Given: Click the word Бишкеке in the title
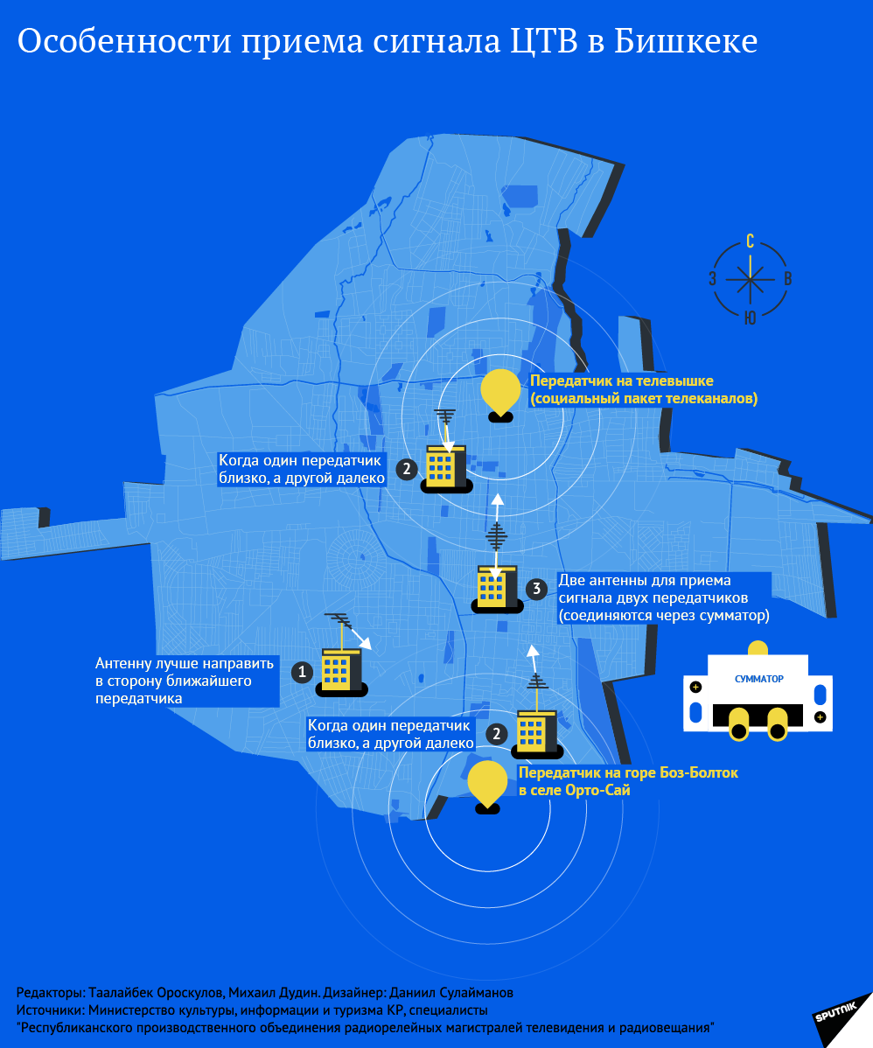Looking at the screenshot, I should [x=686, y=41].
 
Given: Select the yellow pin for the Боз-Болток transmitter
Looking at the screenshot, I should [x=487, y=782].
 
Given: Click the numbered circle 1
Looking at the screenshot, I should [x=302, y=672].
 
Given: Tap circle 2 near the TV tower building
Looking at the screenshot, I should [x=407, y=469].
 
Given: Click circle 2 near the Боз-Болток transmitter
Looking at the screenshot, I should [x=496, y=733].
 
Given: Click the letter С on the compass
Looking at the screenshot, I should [x=751, y=242].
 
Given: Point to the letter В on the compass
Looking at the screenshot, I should [x=788, y=280].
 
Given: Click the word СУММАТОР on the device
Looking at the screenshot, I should [x=758, y=679].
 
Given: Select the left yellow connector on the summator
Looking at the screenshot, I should [x=739, y=725].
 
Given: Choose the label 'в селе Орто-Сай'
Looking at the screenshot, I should [x=574, y=790].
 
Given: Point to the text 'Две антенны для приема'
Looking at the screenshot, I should [x=645, y=581].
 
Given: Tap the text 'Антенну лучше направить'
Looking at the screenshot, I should [x=185, y=664].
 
